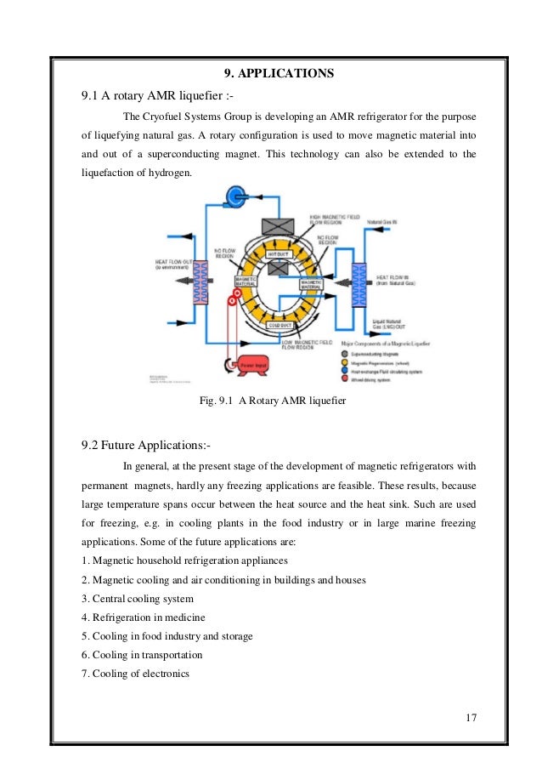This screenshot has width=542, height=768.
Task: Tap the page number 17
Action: (471, 716)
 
